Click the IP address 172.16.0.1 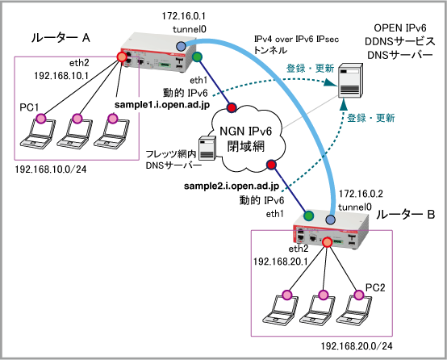(184, 16)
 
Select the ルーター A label (61, 38)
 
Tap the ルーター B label (405, 215)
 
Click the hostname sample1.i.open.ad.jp (162, 105)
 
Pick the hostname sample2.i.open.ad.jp (232, 186)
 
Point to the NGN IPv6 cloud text (246, 139)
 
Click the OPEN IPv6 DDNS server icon (351, 81)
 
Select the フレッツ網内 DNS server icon (207, 149)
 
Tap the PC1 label (29, 107)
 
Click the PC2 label (375, 287)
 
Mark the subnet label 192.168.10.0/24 (51, 170)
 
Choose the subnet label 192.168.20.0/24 (357, 346)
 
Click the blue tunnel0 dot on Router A (181, 46)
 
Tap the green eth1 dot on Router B (308, 216)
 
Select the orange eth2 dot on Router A (122, 57)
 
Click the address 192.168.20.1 (281, 262)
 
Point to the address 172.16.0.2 (361, 194)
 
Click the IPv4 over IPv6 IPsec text (296, 39)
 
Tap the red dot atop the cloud (232, 107)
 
